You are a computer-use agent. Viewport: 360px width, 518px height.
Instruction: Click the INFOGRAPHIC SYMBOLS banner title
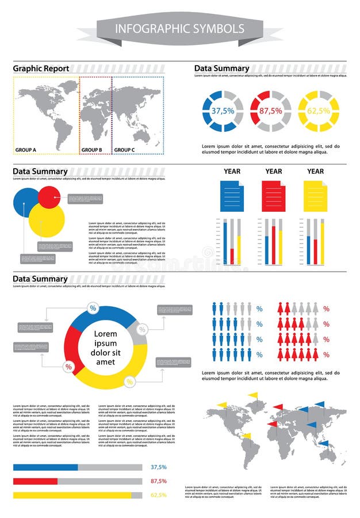click(179, 29)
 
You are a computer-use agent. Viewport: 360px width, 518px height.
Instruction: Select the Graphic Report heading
click(41, 68)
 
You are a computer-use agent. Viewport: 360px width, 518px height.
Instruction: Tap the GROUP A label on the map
click(26, 150)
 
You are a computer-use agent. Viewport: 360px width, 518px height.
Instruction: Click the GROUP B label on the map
click(91, 150)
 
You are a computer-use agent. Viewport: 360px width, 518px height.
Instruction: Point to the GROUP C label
click(124, 150)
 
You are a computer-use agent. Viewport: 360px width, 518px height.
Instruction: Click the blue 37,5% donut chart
click(223, 111)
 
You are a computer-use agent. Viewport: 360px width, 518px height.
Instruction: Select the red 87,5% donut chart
click(270, 111)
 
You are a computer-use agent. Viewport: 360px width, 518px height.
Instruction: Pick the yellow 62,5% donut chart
click(318, 111)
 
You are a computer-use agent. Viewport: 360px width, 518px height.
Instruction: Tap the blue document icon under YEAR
click(232, 196)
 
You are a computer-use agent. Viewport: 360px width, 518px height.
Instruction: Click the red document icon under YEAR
click(273, 196)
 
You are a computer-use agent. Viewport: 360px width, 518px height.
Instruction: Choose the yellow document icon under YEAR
click(315, 196)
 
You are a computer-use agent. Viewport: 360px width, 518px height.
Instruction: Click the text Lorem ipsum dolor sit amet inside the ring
click(105, 348)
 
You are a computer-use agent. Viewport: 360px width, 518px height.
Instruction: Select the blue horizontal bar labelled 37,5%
click(45, 467)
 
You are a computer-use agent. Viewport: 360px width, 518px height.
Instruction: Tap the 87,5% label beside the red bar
click(158, 481)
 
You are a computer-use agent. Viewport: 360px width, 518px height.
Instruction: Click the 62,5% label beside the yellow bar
click(158, 495)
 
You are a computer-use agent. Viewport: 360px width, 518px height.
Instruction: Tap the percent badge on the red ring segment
click(68, 367)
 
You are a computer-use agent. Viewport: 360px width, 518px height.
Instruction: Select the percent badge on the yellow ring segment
click(129, 382)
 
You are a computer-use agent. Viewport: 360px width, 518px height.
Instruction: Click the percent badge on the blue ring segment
click(93, 308)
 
